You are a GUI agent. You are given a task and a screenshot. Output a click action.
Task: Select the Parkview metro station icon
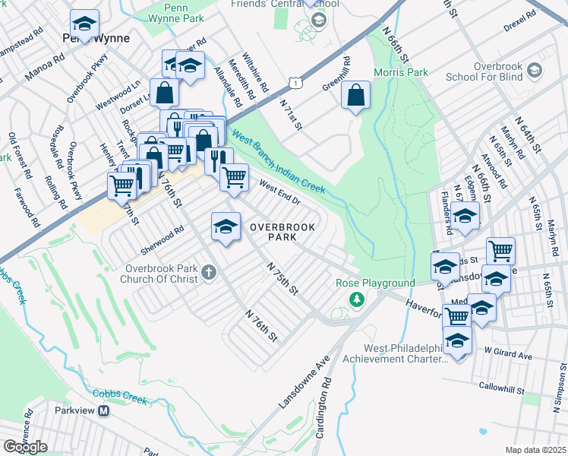click(105, 410)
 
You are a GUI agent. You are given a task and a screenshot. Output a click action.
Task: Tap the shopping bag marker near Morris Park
click(355, 96)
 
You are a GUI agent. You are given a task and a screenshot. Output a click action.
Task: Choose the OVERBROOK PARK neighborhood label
click(272, 232)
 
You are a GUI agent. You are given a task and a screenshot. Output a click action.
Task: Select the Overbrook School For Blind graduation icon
click(535, 71)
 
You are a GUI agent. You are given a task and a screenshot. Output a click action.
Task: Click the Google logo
click(25, 446)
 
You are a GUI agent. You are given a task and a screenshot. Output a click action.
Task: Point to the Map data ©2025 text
click(535, 450)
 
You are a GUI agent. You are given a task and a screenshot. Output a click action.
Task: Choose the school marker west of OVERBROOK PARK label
click(226, 226)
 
